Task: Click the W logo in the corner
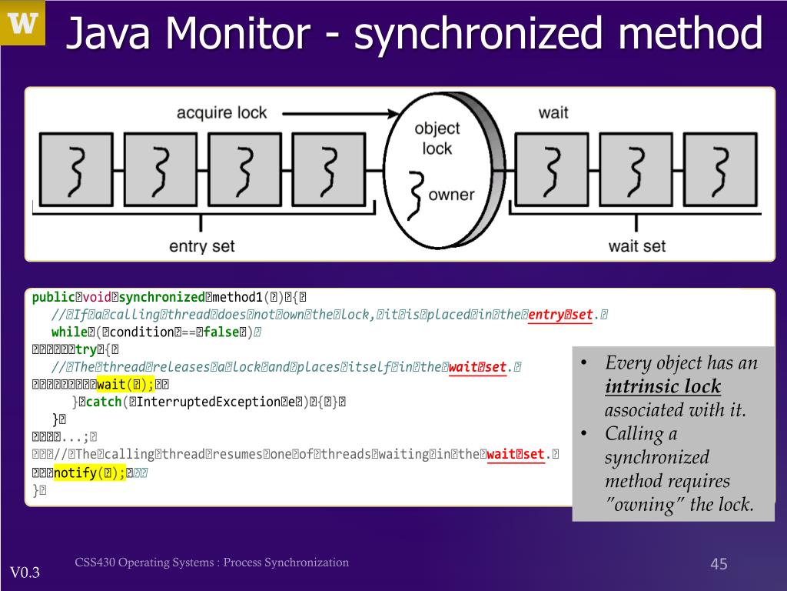tap(23, 23)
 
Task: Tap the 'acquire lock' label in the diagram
tap(221, 112)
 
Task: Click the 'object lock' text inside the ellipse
tap(437, 139)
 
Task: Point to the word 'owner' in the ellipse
tap(451, 195)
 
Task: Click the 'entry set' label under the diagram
tap(201, 246)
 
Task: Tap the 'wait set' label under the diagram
tap(636, 246)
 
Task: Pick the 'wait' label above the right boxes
tap(553, 112)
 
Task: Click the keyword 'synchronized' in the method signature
tap(161, 297)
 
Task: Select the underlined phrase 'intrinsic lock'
tap(662, 386)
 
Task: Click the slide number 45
tap(718, 565)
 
